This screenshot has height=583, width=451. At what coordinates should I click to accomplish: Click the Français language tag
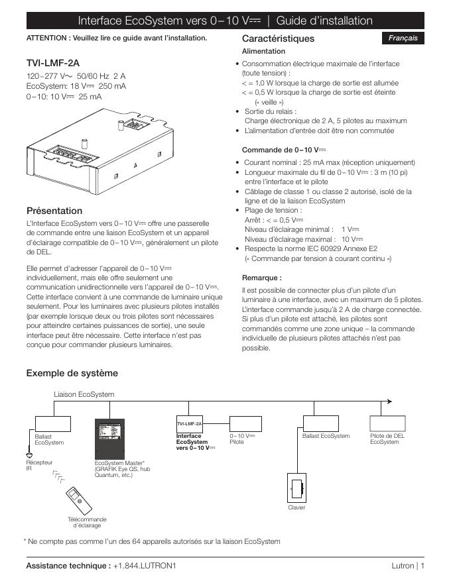(x=403, y=38)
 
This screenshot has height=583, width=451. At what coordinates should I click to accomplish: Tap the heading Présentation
(x=54, y=211)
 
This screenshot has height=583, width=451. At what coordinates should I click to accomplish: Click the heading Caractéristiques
(x=278, y=39)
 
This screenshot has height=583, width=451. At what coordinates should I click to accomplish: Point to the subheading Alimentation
(x=263, y=51)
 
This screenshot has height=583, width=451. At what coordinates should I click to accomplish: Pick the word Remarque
(x=261, y=278)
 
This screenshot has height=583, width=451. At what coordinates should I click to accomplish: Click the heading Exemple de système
(x=72, y=373)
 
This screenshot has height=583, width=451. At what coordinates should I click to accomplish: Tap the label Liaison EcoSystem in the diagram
(x=84, y=394)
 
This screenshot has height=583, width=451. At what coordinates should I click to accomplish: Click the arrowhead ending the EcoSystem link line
(x=389, y=401)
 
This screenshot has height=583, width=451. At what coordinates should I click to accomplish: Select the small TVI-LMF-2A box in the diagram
(x=189, y=423)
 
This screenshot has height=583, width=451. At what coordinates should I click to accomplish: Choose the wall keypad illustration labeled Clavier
(x=296, y=488)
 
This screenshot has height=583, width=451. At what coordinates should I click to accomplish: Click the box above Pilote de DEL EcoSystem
(x=387, y=423)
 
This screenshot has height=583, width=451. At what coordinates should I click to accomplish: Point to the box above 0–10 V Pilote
(x=246, y=423)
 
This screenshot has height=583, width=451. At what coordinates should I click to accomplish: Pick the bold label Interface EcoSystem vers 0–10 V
(x=192, y=442)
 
